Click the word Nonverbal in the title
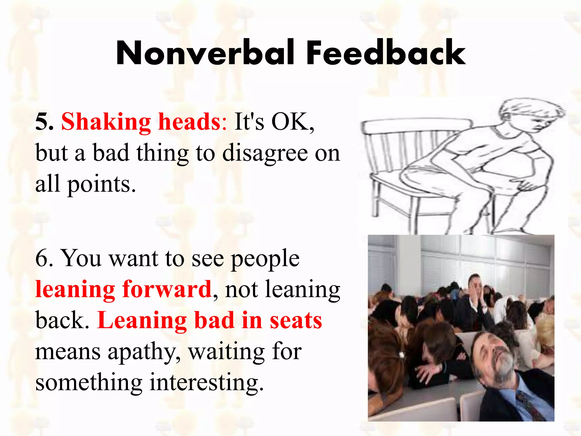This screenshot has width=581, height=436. pos(205,53)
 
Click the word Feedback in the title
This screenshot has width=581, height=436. pos(386,53)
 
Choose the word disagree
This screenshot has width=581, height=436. pos(265,154)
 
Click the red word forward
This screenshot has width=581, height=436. pos(167,289)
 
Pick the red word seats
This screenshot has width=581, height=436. pos(296,320)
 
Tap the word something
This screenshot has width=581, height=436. pos(89,383)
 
